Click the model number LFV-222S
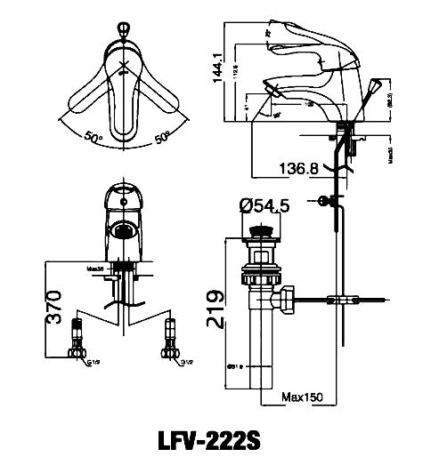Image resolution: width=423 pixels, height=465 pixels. [x=211, y=441]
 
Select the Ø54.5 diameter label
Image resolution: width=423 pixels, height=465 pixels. [x=265, y=207]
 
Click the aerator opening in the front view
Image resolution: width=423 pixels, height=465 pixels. [x=123, y=231]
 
